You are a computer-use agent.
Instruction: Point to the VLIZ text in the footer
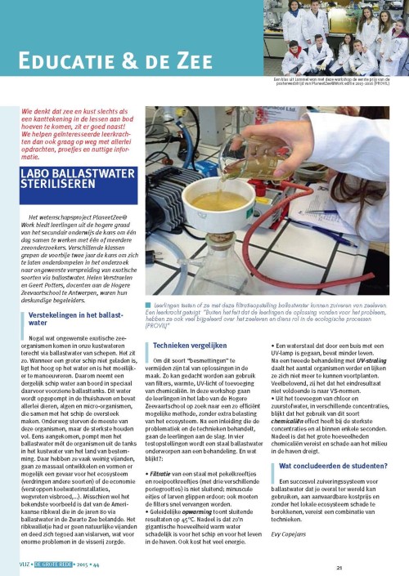coord(12,564)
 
